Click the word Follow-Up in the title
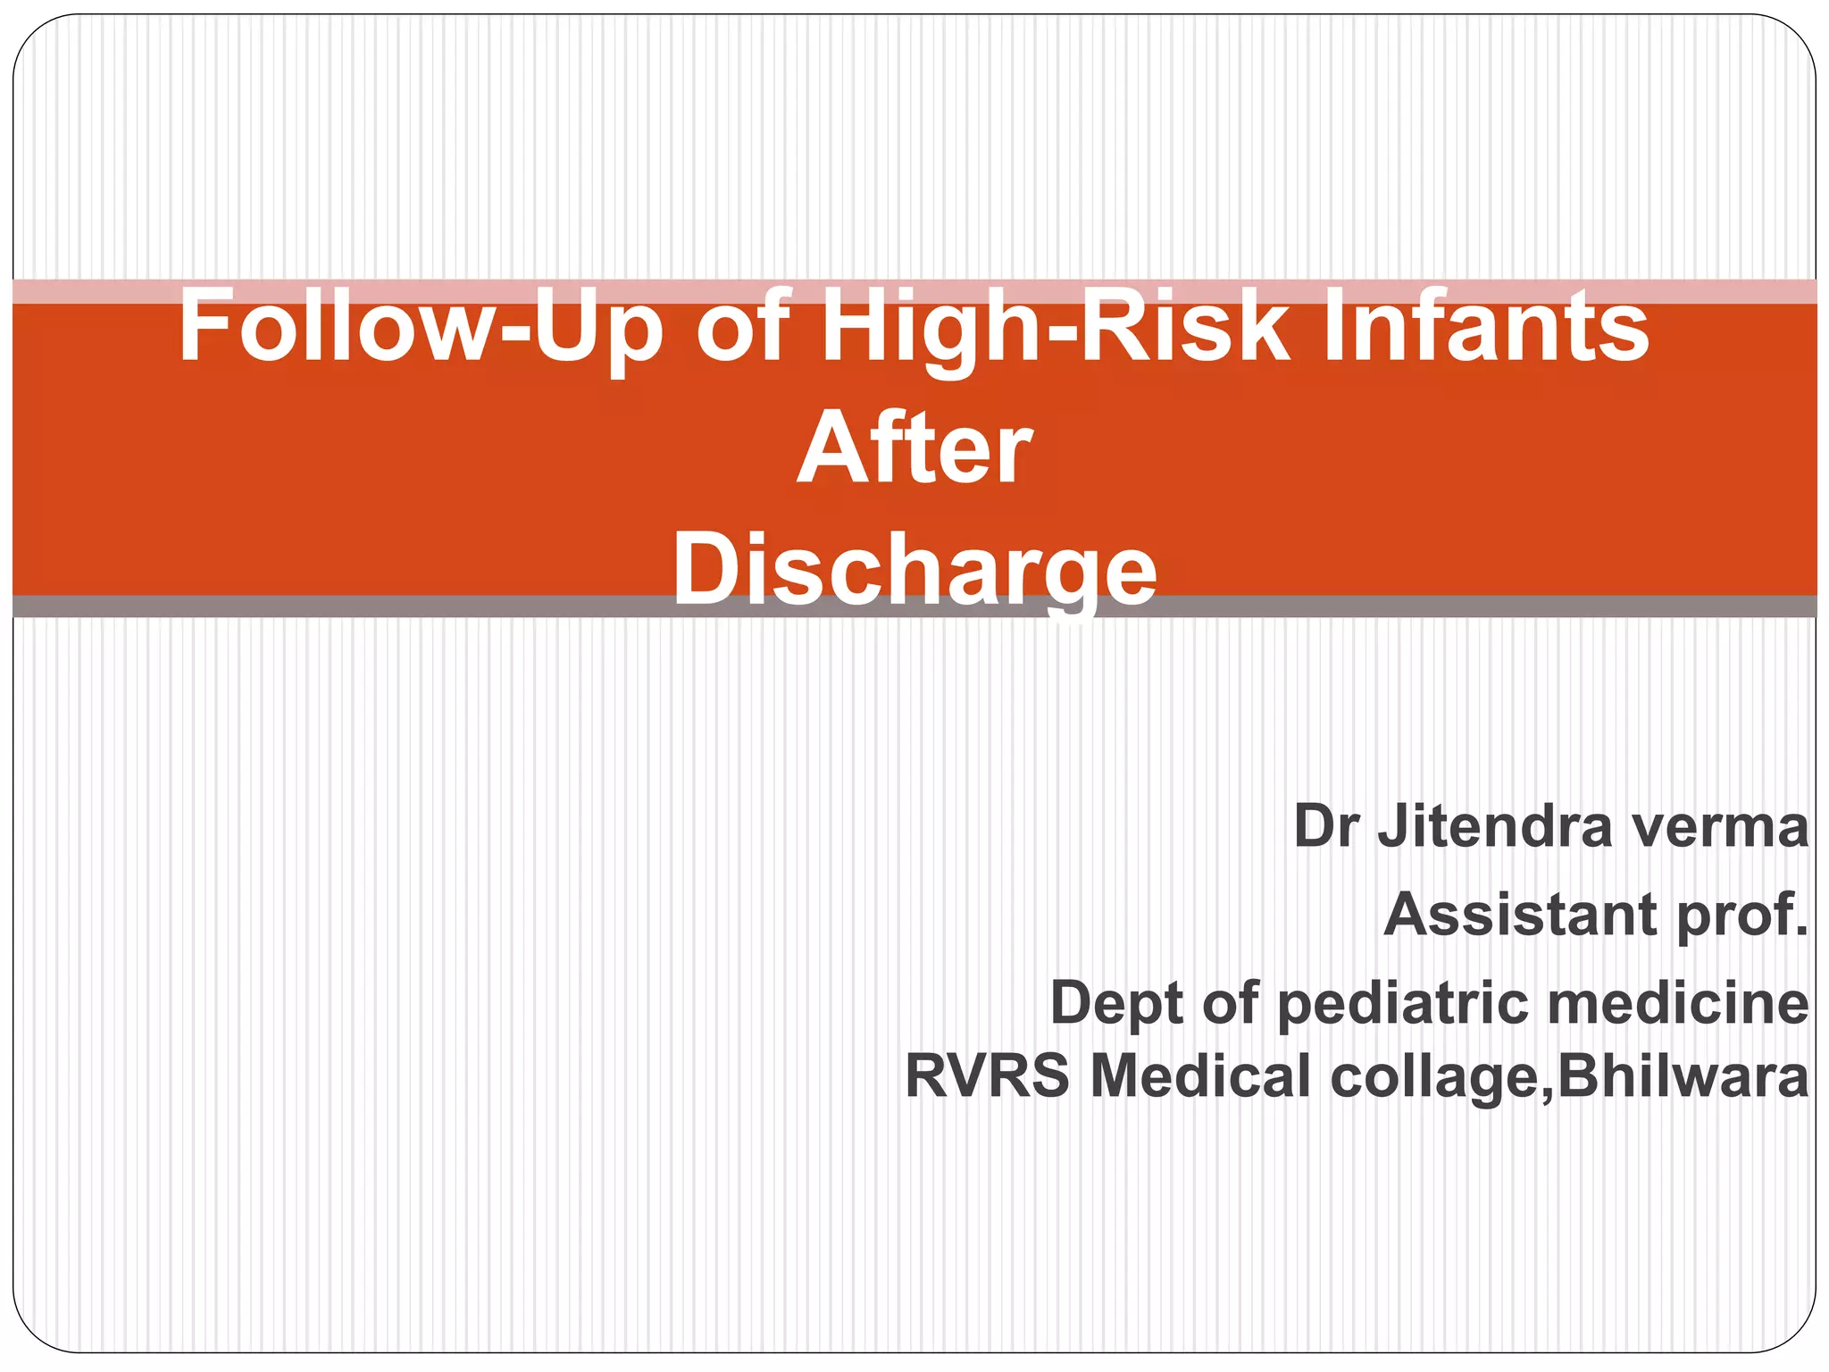[420, 326]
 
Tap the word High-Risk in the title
[1055, 326]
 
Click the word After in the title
[914, 448]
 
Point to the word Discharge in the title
[914, 570]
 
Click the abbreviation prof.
[1742, 916]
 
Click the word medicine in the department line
[1678, 1002]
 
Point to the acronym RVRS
[987, 1075]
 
